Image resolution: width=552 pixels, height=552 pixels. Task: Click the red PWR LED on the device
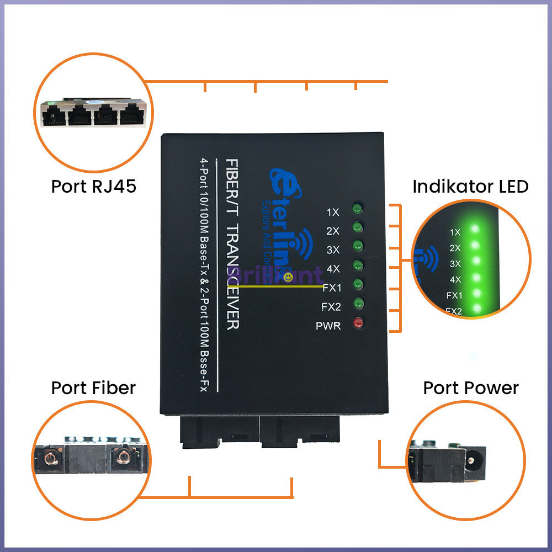[358, 323]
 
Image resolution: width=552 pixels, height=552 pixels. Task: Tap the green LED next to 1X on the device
[358, 209]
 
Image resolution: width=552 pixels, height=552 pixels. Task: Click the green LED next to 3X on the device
[358, 246]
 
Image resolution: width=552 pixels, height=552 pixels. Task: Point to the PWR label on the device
[328, 326]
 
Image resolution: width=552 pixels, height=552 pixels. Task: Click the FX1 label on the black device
[331, 288]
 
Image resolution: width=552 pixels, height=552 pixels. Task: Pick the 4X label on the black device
[333, 269]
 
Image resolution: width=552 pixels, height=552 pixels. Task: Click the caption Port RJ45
[93, 186]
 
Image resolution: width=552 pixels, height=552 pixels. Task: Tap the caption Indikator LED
[470, 186]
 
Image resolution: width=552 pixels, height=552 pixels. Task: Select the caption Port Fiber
[93, 388]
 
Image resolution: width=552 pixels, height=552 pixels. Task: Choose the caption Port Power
[471, 388]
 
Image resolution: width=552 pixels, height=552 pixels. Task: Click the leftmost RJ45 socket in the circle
[55, 115]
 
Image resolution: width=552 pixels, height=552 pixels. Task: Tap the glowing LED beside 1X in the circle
[474, 229]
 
